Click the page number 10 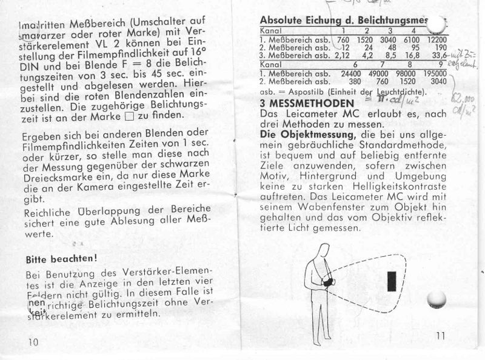pos(33,342)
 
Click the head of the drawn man pos(324,250)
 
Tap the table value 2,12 pos(342,55)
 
